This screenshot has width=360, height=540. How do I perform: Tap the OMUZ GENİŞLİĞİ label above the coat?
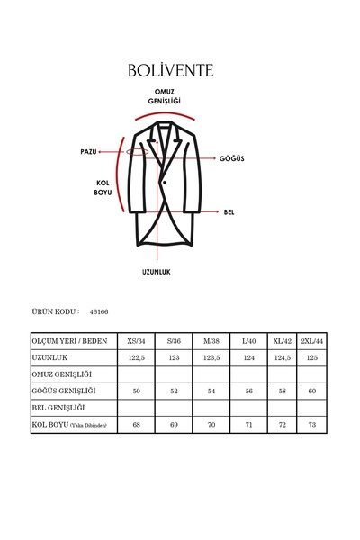coord(166,99)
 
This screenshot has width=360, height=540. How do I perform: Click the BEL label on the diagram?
coord(229,211)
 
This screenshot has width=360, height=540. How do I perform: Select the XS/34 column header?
coord(135,342)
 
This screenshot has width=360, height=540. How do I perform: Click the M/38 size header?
coord(211,342)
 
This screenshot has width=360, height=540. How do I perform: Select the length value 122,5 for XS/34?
coord(135,357)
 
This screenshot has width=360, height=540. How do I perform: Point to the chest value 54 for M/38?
coord(211,391)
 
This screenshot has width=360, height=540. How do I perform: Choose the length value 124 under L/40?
coord(249,357)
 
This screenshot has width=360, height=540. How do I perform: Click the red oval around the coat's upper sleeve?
coord(138,151)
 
